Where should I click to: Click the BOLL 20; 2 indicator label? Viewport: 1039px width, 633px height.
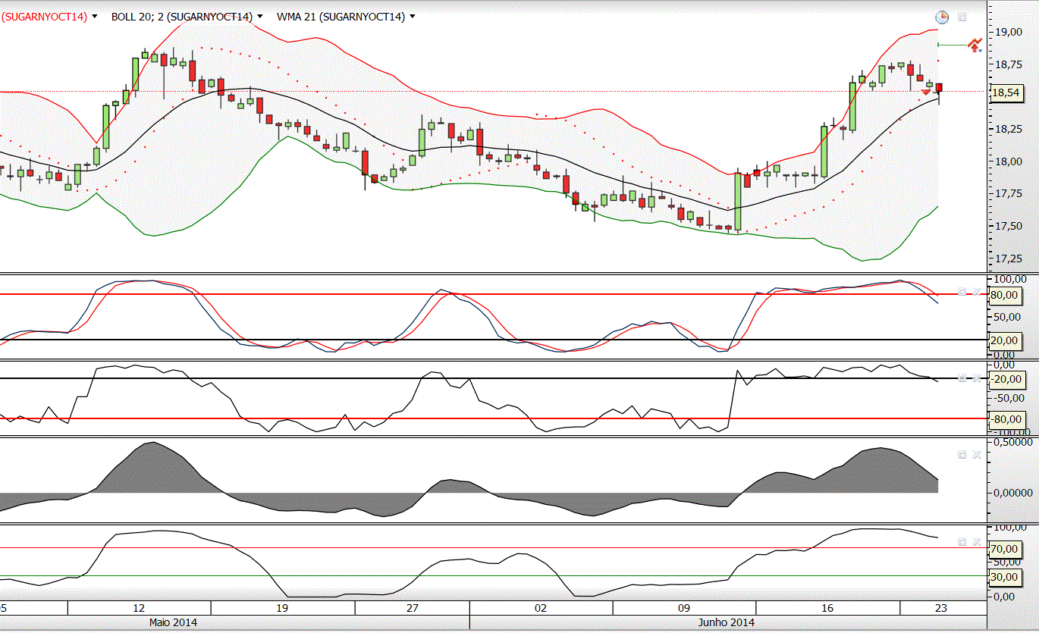click(182, 16)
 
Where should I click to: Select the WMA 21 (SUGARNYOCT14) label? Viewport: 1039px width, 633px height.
click(341, 16)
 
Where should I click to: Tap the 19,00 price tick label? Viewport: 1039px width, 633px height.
click(1006, 32)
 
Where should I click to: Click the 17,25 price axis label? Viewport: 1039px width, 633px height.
click(1006, 259)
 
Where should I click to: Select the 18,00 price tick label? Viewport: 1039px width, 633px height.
click(1006, 161)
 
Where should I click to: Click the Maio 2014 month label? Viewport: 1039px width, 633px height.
click(173, 622)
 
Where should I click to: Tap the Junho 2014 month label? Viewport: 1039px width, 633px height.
click(726, 622)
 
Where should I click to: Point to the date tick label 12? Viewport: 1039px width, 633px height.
click(139, 608)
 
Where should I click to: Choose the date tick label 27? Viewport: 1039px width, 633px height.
click(413, 608)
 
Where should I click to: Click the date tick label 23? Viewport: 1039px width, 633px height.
click(940, 608)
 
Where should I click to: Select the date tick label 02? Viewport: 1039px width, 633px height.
click(541, 608)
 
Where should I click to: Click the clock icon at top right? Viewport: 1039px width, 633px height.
click(941, 17)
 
